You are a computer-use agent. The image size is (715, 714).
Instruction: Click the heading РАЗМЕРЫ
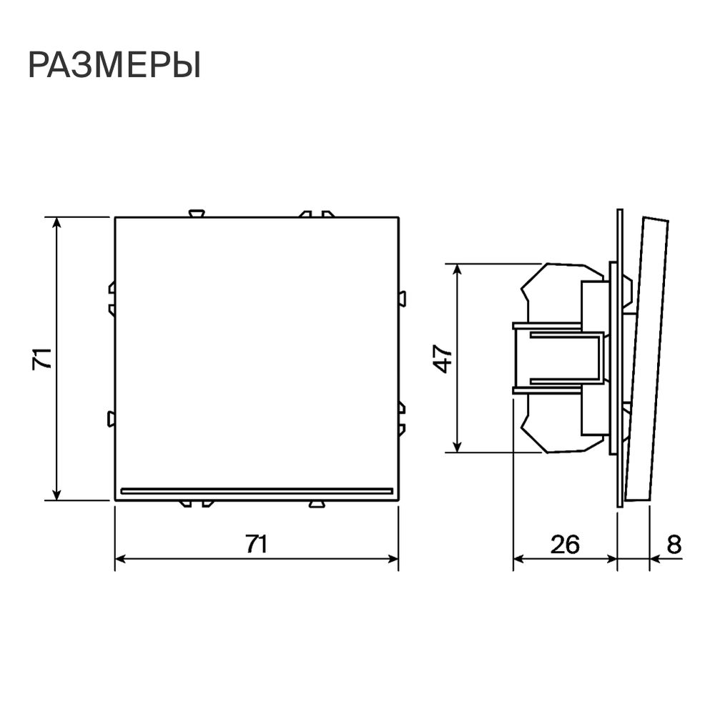tap(114, 66)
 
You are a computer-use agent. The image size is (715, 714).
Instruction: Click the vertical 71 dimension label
tap(42, 358)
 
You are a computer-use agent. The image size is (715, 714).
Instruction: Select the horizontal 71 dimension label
tap(257, 543)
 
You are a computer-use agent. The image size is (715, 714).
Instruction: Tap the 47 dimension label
tap(443, 359)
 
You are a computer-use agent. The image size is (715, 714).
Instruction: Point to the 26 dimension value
tap(565, 544)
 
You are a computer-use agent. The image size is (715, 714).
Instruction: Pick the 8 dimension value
tap(674, 544)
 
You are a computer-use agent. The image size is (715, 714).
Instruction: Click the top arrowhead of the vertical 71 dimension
tap(56, 223)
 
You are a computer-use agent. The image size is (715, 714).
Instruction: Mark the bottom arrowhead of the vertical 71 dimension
tap(56, 494)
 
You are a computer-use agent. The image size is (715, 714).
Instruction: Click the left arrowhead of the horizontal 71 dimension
tap(121, 558)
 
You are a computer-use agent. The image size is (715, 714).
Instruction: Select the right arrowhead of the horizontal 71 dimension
tap(393, 558)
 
